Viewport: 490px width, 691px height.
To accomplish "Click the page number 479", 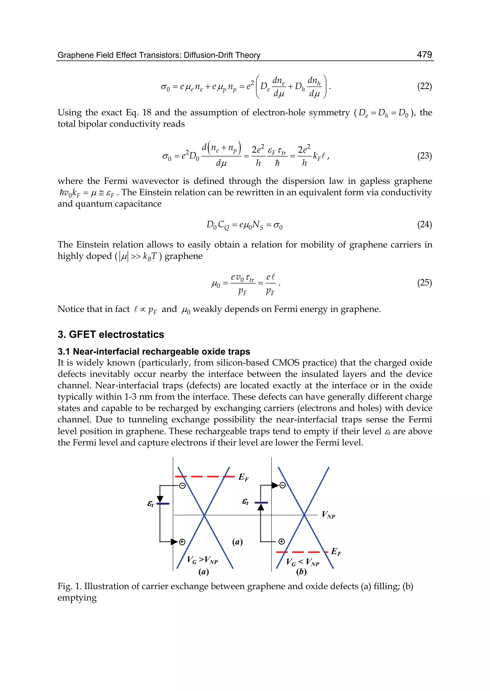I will click(x=424, y=55).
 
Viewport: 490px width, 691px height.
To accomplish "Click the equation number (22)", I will click(x=424, y=87).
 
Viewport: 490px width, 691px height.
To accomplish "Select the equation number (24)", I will click(x=424, y=224).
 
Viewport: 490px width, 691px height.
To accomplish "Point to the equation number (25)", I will click(x=424, y=283).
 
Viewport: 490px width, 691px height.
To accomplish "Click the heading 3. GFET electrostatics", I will click(x=111, y=334).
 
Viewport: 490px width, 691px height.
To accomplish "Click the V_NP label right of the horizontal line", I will click(x=328, y=514).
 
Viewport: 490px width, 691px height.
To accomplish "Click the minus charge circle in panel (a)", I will click(x=182, y=486).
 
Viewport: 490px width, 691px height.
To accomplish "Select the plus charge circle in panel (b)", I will click(x=281, y=542).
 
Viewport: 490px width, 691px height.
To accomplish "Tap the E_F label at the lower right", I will click(x=336, y=552).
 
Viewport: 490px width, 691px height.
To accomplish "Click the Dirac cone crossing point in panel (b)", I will click(x=304, y=515).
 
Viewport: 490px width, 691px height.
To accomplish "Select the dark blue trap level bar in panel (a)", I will click(x=163, y=504).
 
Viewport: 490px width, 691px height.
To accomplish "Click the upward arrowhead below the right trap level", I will click(x=261, y=508).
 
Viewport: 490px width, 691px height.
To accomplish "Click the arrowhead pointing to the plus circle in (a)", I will click(x=174, y=542).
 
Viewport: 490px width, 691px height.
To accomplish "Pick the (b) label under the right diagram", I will click(x=301, y=572).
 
